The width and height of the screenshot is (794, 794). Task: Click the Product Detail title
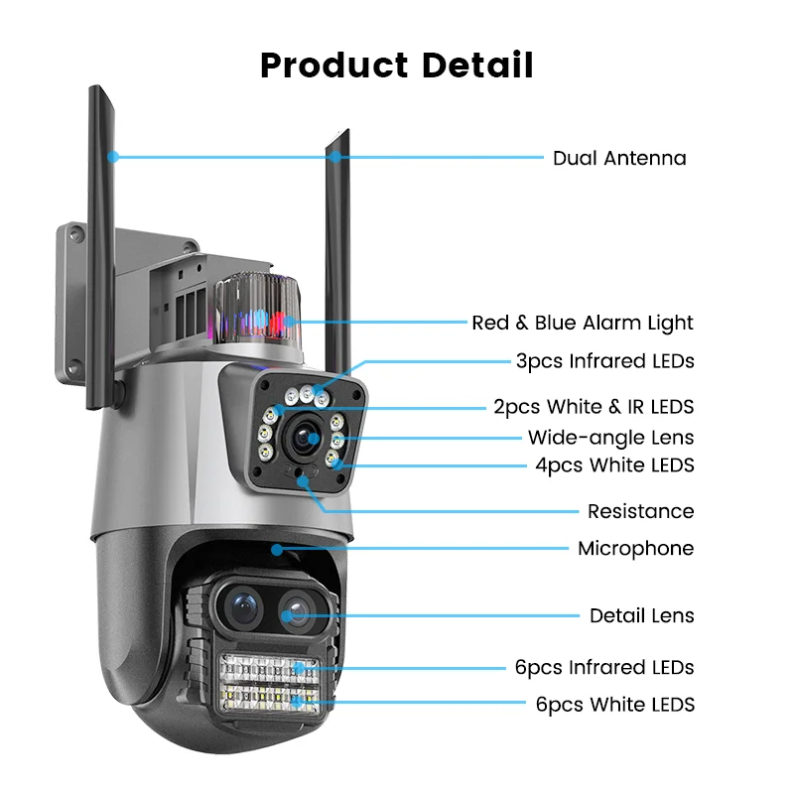(397, 66)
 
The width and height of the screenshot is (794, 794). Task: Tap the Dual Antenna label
(619, 158)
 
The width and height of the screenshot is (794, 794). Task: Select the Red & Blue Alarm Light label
(583, 323)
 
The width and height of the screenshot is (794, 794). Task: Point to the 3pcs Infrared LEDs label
(604, 361)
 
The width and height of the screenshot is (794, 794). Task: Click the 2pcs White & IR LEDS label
(594, 407)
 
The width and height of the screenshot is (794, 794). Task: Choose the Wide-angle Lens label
(610, 438)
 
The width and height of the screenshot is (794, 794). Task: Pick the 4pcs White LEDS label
(614, 464)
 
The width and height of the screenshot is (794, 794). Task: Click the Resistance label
(640, 512)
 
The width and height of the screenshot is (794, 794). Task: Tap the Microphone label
(635, 549)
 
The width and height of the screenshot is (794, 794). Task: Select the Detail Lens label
(642, 616)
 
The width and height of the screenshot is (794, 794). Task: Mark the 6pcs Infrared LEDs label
(604, 668)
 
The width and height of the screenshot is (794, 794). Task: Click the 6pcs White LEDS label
(614, 705)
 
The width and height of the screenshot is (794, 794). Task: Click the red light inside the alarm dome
(282, 320)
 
